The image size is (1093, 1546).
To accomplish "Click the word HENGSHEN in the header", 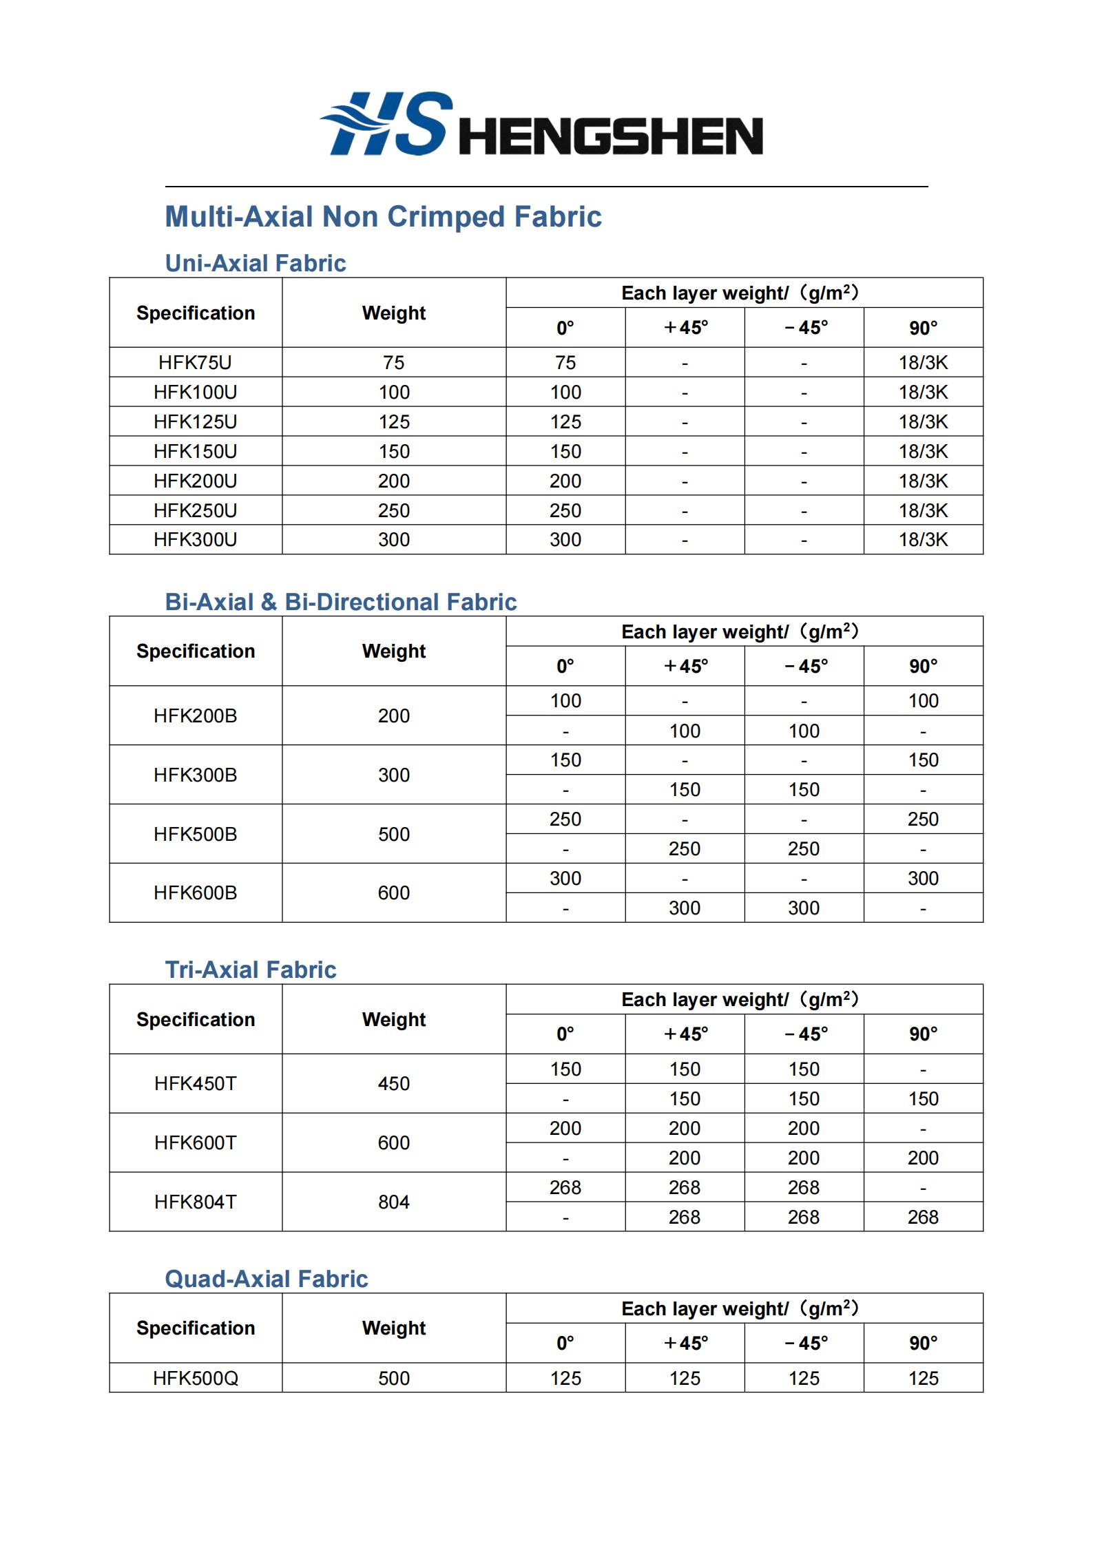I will [610, 136].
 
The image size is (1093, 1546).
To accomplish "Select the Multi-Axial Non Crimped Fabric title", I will [383, 217].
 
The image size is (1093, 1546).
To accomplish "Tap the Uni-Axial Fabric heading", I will [256, 263].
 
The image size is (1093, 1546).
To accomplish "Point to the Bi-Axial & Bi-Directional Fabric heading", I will [341, 602].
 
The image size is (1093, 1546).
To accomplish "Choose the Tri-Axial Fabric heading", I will [251, 970].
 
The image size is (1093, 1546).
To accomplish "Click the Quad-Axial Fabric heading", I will [267, 1279].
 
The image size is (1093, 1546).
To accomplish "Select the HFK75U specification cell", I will [196, 362].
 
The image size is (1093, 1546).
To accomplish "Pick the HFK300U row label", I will [196, 539].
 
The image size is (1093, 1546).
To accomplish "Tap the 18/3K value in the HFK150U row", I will [923, 451].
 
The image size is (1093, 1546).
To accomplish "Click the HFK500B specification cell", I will [196, 834].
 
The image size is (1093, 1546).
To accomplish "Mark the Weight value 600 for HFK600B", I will [394, 892].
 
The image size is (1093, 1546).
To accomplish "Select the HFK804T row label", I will [196, 1202].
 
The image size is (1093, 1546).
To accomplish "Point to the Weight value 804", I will [394, 1202].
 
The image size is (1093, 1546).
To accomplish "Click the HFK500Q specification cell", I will [196, 1378].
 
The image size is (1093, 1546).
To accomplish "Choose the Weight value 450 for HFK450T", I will [394, 1083].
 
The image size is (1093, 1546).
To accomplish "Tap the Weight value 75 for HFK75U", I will [394, 362].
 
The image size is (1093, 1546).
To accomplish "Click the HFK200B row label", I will [196, 715].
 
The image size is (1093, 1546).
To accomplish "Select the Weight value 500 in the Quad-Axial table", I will [394, 1378].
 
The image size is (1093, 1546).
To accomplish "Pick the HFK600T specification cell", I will [196, 1142].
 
